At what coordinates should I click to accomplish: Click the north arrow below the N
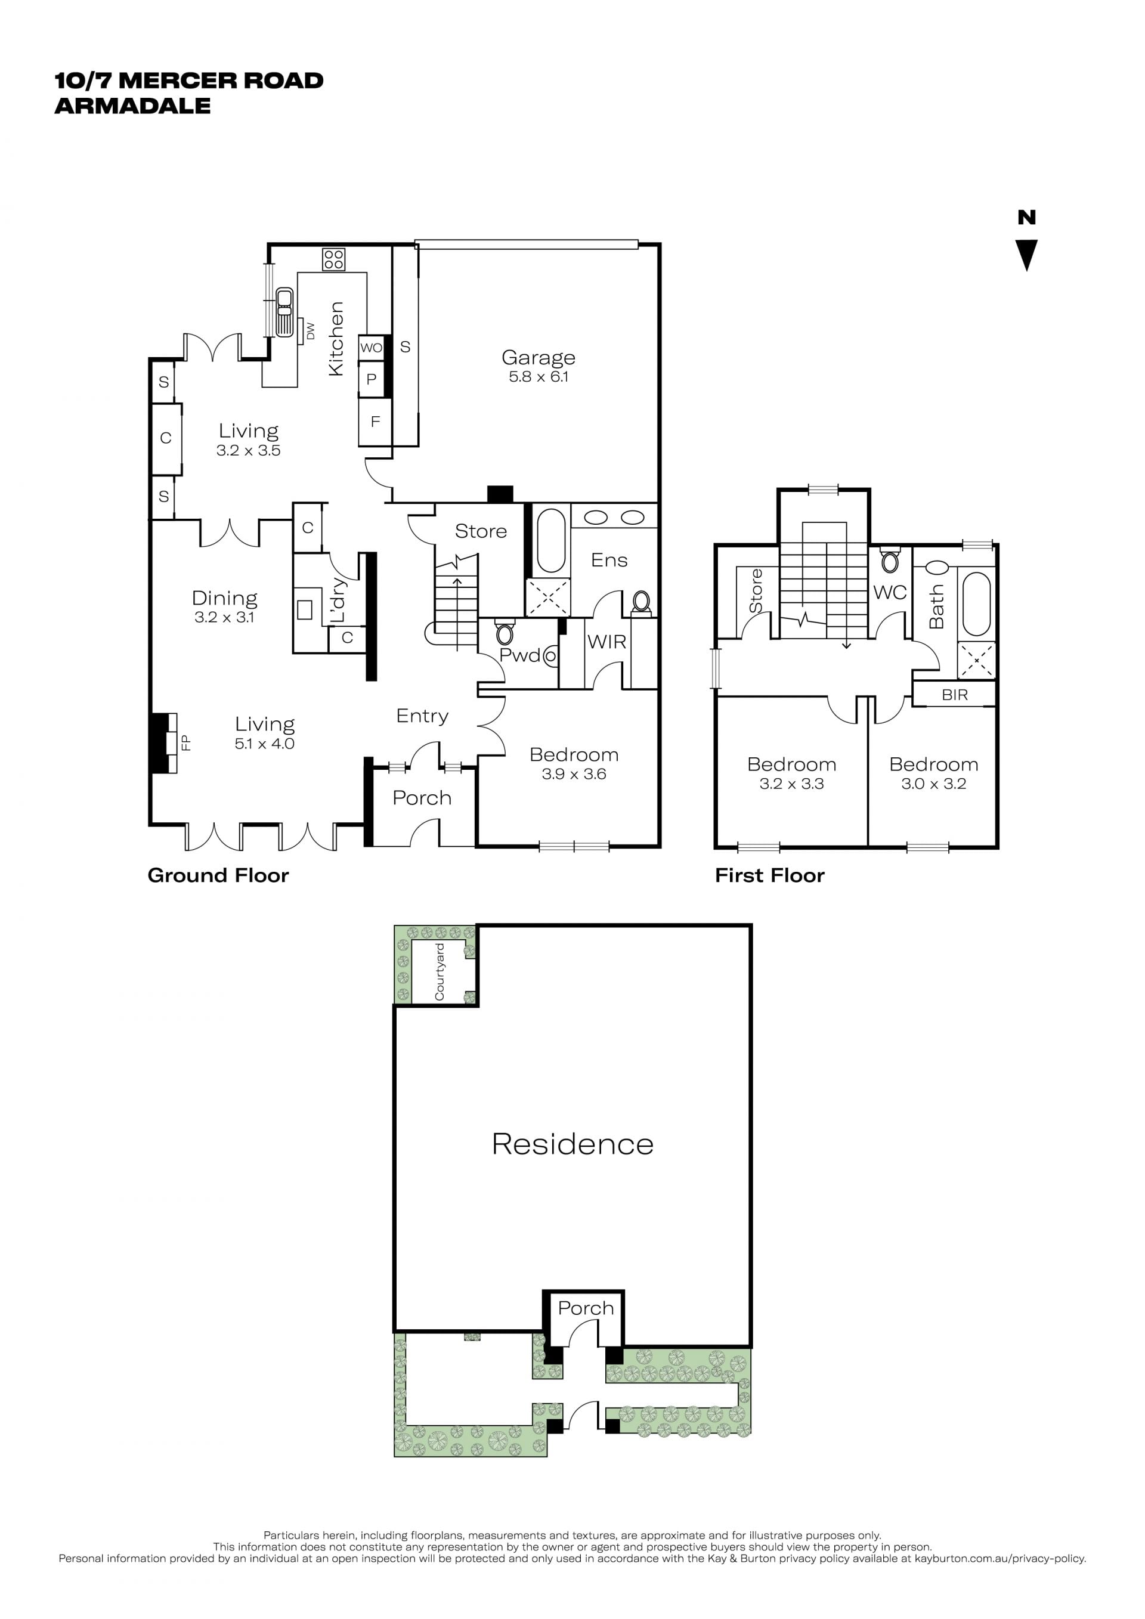coord(1026,255)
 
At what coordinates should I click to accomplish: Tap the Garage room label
coord(538,358)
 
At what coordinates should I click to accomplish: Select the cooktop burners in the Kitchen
coord(333,259)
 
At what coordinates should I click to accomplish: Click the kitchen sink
coord(284,311)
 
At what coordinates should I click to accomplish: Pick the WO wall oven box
coord(371,347)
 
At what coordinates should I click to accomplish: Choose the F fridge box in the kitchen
coord(375,422)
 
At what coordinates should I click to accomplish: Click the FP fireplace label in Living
coord(186,742)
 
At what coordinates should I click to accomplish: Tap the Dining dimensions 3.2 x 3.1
coord(224,617)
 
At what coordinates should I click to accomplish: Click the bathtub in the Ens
coord(550,540)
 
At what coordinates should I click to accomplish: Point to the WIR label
coord(606,642)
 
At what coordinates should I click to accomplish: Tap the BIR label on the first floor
coord(955,695)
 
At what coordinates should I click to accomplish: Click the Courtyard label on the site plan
coord(440,971)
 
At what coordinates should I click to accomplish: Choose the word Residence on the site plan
coord(572,1144)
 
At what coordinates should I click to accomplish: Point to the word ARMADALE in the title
coord(132,106)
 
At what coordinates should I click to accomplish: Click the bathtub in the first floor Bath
coord(976,604)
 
